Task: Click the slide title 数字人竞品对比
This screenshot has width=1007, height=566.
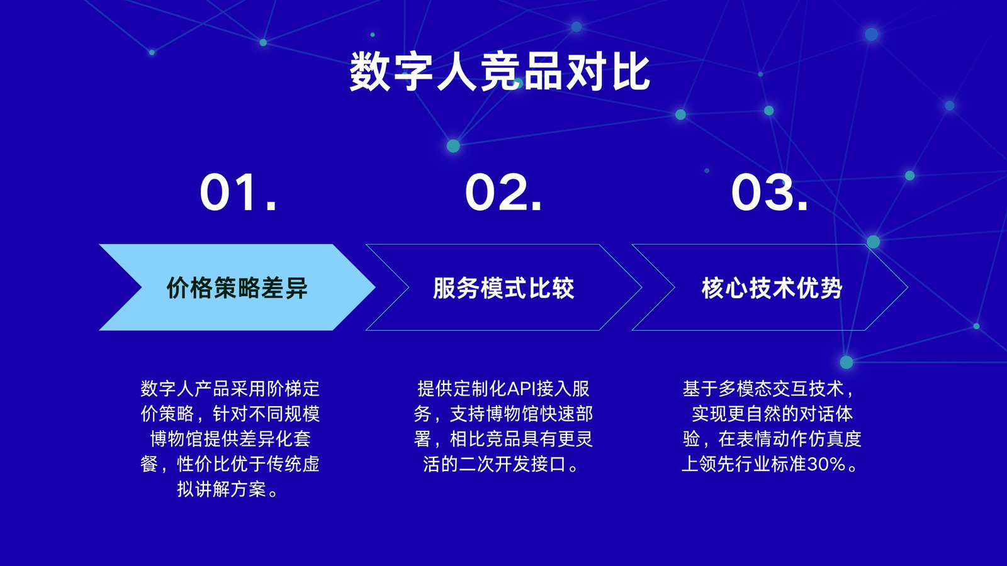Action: pyautogui.click(x=500, y=72)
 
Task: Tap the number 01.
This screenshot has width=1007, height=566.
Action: pyautogui.click(x=238, y=192)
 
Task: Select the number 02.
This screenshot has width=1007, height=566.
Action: pyautogui.click(x=503, y=192)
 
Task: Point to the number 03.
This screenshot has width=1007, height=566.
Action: pyautogui.click(x=769, y=192)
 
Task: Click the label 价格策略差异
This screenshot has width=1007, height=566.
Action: pyautogui.click(x=237, y=288)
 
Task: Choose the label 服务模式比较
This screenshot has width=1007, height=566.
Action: pyautogui.click(x=503, y=288)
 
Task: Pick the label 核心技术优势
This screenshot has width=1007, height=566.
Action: pyautogui.click(x=772, y=288)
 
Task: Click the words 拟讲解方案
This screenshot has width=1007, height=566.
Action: pyautogui.click(x=222, y=489)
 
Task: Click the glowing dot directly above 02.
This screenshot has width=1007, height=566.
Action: pyautogui.click(x=453, y=145)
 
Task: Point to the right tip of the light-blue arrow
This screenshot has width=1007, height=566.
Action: pyautogui.click(x=375, y=287)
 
